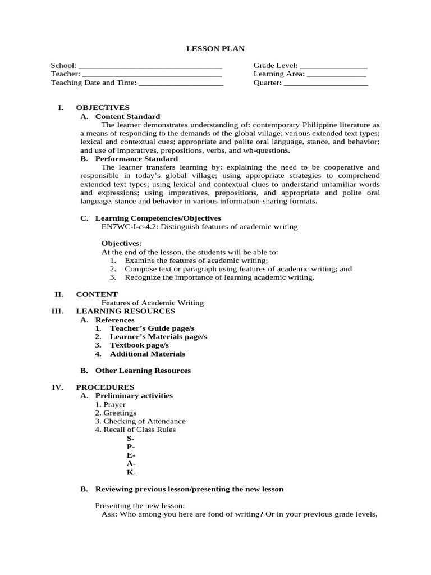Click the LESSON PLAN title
coord(215,49)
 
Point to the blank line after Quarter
coord(326,84)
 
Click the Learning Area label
coord(279,74)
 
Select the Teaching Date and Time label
coord(93,83)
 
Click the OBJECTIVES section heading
coord(103,107)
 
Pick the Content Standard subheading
coord(127,116)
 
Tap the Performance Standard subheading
coord(136,159)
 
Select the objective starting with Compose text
coord(238,269)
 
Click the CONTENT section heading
coord(97,294)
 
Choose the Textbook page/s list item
coord(139,345)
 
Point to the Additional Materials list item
coord(147,354)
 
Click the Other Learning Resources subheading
coord(143,371)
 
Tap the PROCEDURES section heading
coord(105,387)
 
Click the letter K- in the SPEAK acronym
coord(131,472)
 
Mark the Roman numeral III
coord(57,311)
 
